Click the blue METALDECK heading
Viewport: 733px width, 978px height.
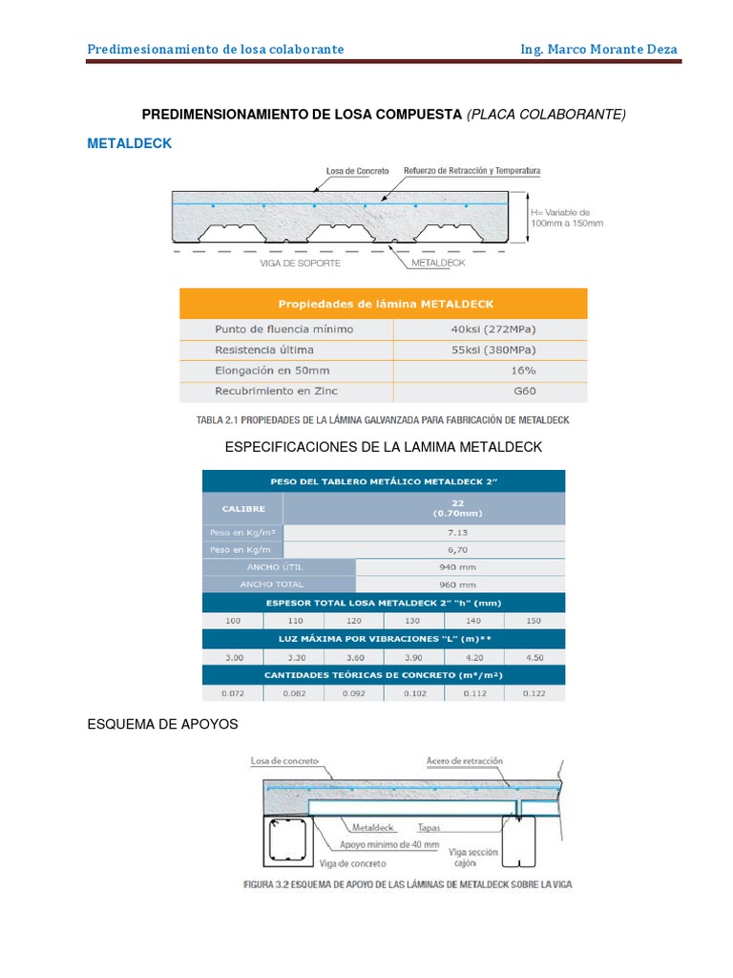[x=130, y=143]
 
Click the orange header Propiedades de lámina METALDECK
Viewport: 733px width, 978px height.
[x=386, y=304]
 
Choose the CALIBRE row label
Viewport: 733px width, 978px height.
[x=243, y=509]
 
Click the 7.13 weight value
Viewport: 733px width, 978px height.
[x=424, y=532]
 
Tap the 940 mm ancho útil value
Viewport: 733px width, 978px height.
[x=460, y=566]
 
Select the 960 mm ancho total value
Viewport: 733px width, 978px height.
[x=460, y=583]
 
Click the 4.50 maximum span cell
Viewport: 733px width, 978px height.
[x=534, y=657]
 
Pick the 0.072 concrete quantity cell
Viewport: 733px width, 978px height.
[x=233, y=693]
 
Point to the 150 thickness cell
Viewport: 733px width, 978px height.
[x=534, y=621]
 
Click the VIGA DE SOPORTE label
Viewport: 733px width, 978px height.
[x=300, y=262]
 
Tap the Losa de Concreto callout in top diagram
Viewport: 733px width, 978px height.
[x=357, y=171]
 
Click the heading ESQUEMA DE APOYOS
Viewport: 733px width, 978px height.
[x=162, y=725]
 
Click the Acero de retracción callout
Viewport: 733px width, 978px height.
[x=465, y=761]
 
